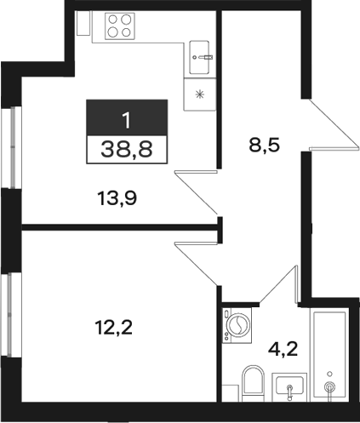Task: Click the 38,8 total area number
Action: point(127,149)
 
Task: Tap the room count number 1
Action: point(127,120)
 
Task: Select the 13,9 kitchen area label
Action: point(117,198)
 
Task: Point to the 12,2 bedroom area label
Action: point(113,327)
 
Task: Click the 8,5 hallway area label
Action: point(264,146)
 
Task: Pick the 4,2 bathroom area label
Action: point(283,349)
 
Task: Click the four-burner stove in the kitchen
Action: point(120,26)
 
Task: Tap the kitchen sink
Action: point(200,58)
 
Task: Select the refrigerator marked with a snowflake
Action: point(200,94)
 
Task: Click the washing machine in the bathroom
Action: point(237,325)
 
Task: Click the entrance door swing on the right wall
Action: point(333,123)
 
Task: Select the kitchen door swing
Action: point(197,191)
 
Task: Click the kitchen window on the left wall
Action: point(11,147)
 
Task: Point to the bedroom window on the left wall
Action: point(11,315)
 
